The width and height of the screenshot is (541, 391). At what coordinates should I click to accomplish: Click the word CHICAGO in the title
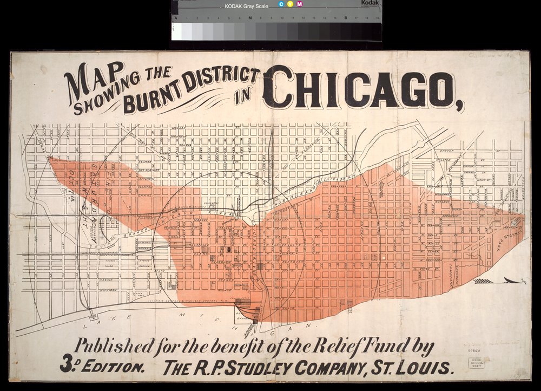(360, 89)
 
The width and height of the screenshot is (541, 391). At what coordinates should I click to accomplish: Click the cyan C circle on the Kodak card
(281, 5)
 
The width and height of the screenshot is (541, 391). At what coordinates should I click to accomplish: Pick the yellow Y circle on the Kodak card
(291, 5)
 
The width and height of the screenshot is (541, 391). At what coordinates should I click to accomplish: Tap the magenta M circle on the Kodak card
(300, 5)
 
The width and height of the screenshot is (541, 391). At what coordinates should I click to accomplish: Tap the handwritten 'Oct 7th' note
(71, 184)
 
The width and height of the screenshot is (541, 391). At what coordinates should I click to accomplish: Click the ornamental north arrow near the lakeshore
(500, 281)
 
